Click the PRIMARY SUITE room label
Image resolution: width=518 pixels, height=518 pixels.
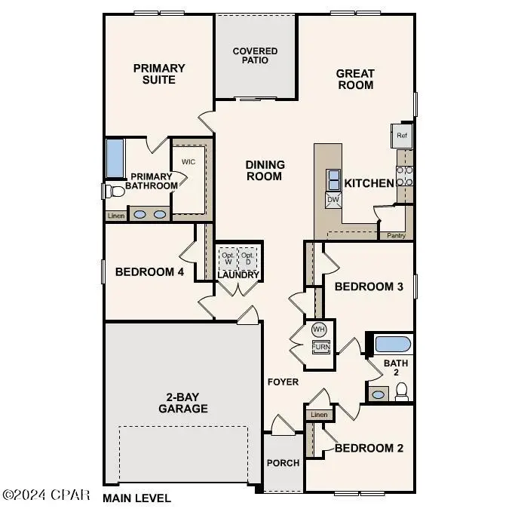(x=159, y=74)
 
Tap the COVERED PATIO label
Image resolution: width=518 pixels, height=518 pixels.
(x=255, y=56)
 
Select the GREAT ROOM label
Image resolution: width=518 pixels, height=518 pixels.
(x=355, y=79)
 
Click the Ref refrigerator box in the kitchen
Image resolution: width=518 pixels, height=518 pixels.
(x=402, y=136)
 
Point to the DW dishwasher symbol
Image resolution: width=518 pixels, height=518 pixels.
(x=333, y=200)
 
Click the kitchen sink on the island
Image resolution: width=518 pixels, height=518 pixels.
(x=333, y=180)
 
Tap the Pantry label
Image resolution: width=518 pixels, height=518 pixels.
(x=397, y=235)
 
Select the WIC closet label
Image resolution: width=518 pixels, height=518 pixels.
(x=189, y=162)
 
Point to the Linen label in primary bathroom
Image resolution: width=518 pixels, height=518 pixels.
(x=115, y=216)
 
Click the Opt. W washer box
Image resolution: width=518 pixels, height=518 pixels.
(x=228, y=258)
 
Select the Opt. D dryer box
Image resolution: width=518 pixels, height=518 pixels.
(x=249, y=258)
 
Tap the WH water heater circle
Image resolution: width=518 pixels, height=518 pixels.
(x=319, y=329)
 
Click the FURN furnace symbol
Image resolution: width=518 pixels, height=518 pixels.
(x=321, y=347)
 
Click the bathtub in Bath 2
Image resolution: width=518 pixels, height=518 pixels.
(x=393, y=345)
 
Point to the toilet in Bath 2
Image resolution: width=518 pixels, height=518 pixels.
(x=402, y=391)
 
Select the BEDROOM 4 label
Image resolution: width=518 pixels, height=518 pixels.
(x=149, y=272)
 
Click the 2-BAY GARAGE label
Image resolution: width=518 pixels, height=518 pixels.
(x=182, y=403)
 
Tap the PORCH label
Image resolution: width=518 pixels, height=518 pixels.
(x=284, y=463)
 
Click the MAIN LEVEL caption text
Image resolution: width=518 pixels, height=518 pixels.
(x=136, y=498)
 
